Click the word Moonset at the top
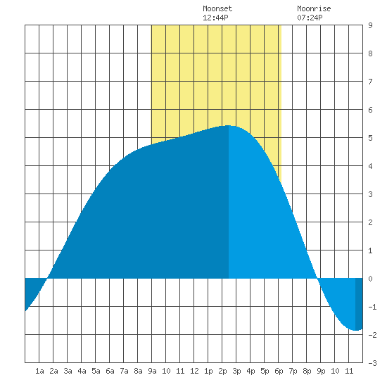217,8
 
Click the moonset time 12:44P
215,18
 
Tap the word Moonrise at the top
314,8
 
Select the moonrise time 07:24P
310,18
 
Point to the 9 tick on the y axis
370,25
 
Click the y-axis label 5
370,138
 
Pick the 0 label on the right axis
370,279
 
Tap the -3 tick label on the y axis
372,363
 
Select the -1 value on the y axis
372,307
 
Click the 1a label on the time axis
39,371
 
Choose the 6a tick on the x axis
110,371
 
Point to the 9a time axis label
152,371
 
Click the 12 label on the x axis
194,371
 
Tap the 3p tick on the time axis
236,371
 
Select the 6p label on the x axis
279,371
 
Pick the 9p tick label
321,371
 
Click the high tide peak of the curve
229,126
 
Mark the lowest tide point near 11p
355,330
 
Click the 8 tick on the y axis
370,53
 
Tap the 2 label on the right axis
370,222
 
